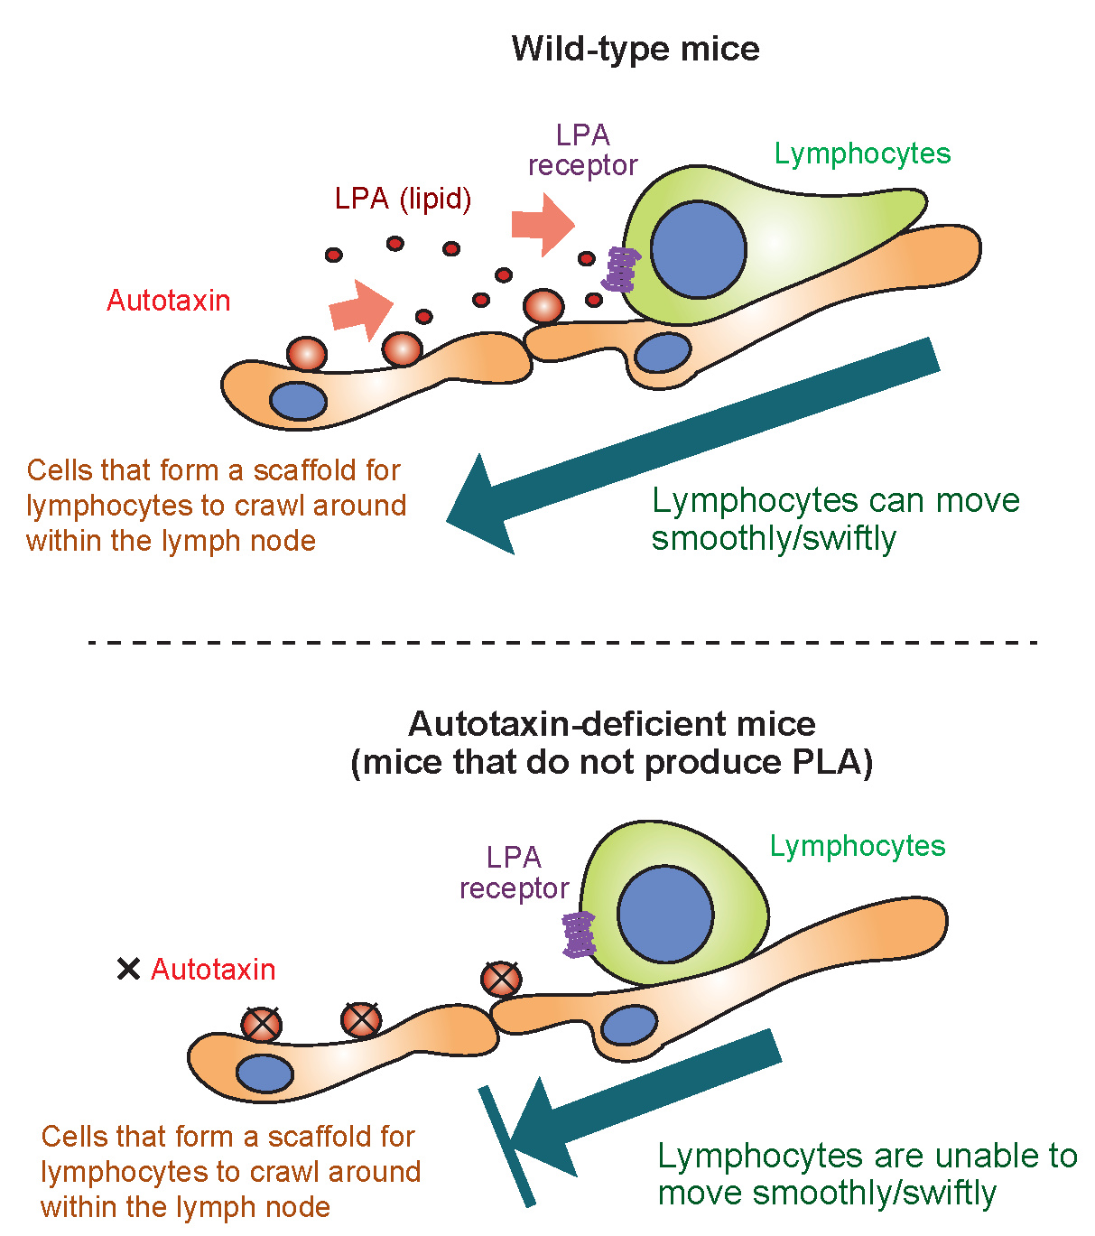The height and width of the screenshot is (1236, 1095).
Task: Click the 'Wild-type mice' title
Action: (635, 48)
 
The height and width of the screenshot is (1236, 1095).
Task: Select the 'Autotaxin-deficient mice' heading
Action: (611, 724)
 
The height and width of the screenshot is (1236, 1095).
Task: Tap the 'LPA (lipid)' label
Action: (403, 199)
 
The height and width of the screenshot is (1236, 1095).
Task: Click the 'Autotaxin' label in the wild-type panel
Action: (169, 301)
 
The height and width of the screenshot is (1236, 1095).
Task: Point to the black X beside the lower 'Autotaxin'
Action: (129, 970)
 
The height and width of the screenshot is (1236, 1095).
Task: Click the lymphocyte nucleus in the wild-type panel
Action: (699, 250)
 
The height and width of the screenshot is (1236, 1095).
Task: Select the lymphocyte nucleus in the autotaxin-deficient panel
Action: (665, 915)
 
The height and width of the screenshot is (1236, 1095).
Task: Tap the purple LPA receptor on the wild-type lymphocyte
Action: (621, 269)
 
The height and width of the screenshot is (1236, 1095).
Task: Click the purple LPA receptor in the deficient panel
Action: (579, 934)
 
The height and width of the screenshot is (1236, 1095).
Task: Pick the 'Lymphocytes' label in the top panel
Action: (862, 153)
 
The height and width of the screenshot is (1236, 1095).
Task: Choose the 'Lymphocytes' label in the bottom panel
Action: (858, 846)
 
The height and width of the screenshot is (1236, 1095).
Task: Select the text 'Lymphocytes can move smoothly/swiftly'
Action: (835, 519)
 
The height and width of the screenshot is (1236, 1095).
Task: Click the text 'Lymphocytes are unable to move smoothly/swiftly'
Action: (867, 1174)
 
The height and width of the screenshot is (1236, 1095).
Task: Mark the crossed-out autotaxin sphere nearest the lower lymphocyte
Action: (501, 979)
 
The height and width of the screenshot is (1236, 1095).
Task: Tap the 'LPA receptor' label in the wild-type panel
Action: (582, 151)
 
